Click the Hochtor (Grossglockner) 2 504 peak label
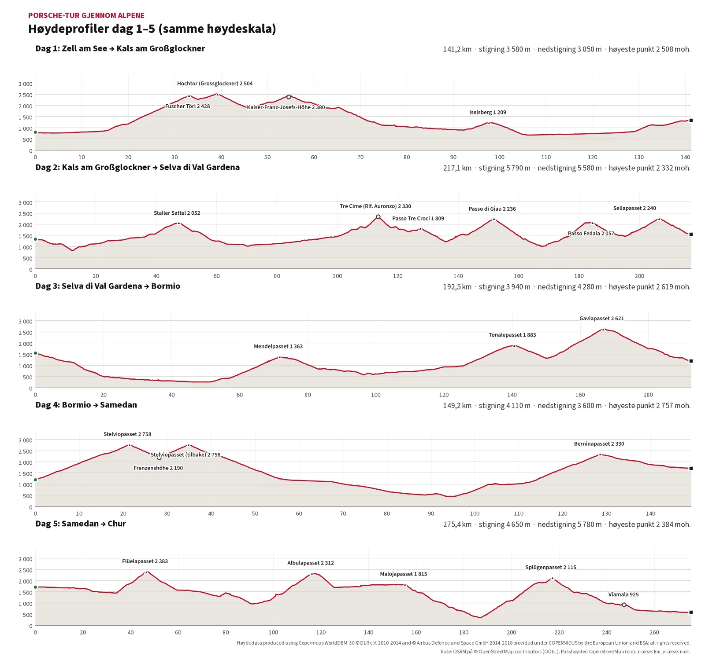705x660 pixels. pos(215,84)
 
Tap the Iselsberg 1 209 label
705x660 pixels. pos(487,112)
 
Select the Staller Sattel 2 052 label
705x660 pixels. pos(177,213)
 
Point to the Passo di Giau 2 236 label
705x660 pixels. pos(492,209)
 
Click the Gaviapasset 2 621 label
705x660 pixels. pos(601,319)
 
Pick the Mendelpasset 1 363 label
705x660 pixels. pos(278,347)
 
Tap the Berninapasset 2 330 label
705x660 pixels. pos(599,444)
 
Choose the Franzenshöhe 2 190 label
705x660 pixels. pos(158,468)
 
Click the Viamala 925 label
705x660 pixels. pos(623,594)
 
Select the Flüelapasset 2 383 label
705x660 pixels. pos(145,561)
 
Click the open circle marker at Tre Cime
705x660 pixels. pos(378,217)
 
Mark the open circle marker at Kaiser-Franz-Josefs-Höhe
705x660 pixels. pos(289,97)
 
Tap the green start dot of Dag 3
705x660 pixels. pos(36,353)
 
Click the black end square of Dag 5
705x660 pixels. pos(691,612)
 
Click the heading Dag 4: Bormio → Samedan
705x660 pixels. pos(86,405)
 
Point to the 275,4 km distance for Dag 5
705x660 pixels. pos(457,524)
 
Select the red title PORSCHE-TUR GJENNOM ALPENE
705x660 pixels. pos(86,15)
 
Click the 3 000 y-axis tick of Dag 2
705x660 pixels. pos(26,203)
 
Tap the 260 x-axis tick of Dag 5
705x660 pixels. pos(654,633)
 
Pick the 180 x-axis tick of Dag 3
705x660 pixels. pos(648,395)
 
